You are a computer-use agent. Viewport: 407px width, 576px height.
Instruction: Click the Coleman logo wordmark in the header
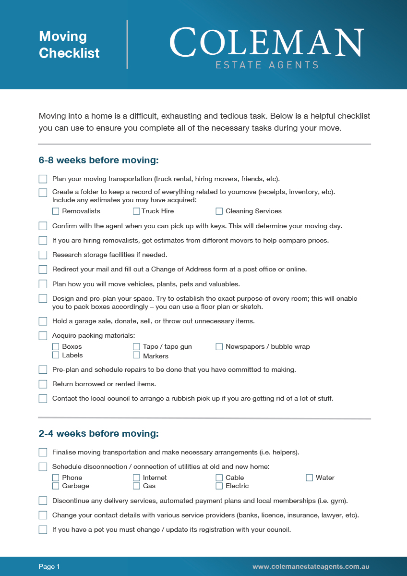pyautogui.click(x=266, y=43)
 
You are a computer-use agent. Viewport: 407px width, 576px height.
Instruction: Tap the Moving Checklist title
pyautogui.click(x=69, y=45)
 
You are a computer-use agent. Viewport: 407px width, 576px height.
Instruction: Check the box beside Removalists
pyautogui.click(x=56, y=211)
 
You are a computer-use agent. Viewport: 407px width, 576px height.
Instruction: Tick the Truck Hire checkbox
pyautogui.click(x=136, y=211)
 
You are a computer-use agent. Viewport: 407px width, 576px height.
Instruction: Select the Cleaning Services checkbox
pyautogui.click(x=219, y=211)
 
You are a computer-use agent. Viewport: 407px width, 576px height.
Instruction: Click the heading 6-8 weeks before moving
pyautogui.click(x=98, y=160)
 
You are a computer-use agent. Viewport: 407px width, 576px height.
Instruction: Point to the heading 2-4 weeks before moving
pyautogui.click(x=98, y=434)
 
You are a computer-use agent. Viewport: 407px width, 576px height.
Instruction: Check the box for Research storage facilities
pyautogui.click(x=43, y=255)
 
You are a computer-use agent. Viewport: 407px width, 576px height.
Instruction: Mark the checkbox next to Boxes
pyautogui.click(x=56, y=346)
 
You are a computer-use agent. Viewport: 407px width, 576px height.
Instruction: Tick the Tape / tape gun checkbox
pyautogui.click(x=136, y=346)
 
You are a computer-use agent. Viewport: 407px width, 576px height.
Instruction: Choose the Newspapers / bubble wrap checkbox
pyautogui.click(x=219, y=346)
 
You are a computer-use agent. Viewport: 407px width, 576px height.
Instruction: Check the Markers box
pyautogui.click(x=136, y=355)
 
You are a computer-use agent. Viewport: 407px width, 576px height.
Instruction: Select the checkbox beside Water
pyautogui.click(x=310, y=478)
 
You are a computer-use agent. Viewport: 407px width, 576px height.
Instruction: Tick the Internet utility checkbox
pyautogui.click(x=136, y=478)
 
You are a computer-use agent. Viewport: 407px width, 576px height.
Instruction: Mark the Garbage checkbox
pyautogui.click(x=56, y=486)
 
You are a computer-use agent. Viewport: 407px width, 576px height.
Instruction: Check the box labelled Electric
pyautogui.click(x=219, y=486)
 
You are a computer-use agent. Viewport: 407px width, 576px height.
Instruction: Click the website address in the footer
pyautogui.click(x=311, y=567)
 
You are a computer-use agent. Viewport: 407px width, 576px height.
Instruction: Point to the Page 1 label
pyautogui.click(x=49, y=567)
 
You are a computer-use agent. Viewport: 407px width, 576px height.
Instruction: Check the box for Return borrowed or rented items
pyautogui.click(x=43, y=384)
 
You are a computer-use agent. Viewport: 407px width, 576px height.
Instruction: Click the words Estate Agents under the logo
pyautogui.click(x=267, y=65)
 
